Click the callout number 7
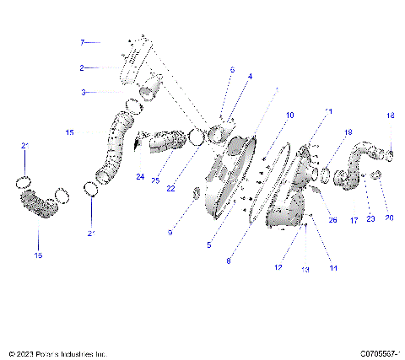(x=83, y=41)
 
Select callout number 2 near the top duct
(x=83, y=67)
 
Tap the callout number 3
(x=83, y=92)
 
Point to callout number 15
(x=69, y=132)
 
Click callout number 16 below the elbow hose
(x=37, y=255)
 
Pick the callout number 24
(x=138, y=176)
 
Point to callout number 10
(x=267, y=114)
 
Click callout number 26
(x=332, y=220)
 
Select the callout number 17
(x=354, y=221)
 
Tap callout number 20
(x=389, y=218)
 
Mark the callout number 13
(x=305, y=270)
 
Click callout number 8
(x=228, y=261)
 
